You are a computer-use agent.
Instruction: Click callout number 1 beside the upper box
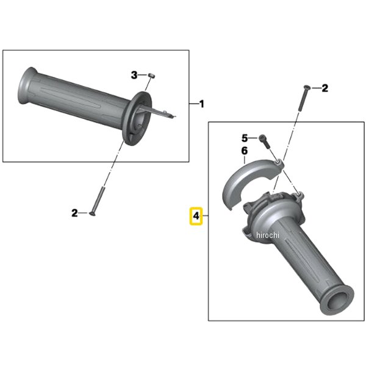coord(202,104)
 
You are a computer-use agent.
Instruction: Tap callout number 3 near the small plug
coord(134,75)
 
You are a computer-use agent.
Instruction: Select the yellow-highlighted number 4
coord(196,216)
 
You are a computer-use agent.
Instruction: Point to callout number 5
coord(245,138)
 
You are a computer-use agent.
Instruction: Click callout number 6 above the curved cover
coord(245,151)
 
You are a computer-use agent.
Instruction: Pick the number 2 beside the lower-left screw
coord(74,213)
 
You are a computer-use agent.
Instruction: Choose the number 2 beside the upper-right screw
coord(325,88)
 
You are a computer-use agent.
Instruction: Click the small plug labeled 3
coord(152,76)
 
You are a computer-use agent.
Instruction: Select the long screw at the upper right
coord(303,98)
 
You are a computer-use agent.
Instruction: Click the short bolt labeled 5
coord(265,142)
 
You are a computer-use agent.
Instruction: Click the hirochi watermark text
coord(268,235)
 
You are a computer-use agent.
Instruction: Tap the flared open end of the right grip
coord(337,301)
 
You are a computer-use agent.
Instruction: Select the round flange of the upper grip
coord(137,118)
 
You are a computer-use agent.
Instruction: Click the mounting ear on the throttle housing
coord(300,196)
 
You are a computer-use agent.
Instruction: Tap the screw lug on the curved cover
coord(279,163)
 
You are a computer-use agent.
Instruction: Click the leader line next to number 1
coord(194,104)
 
